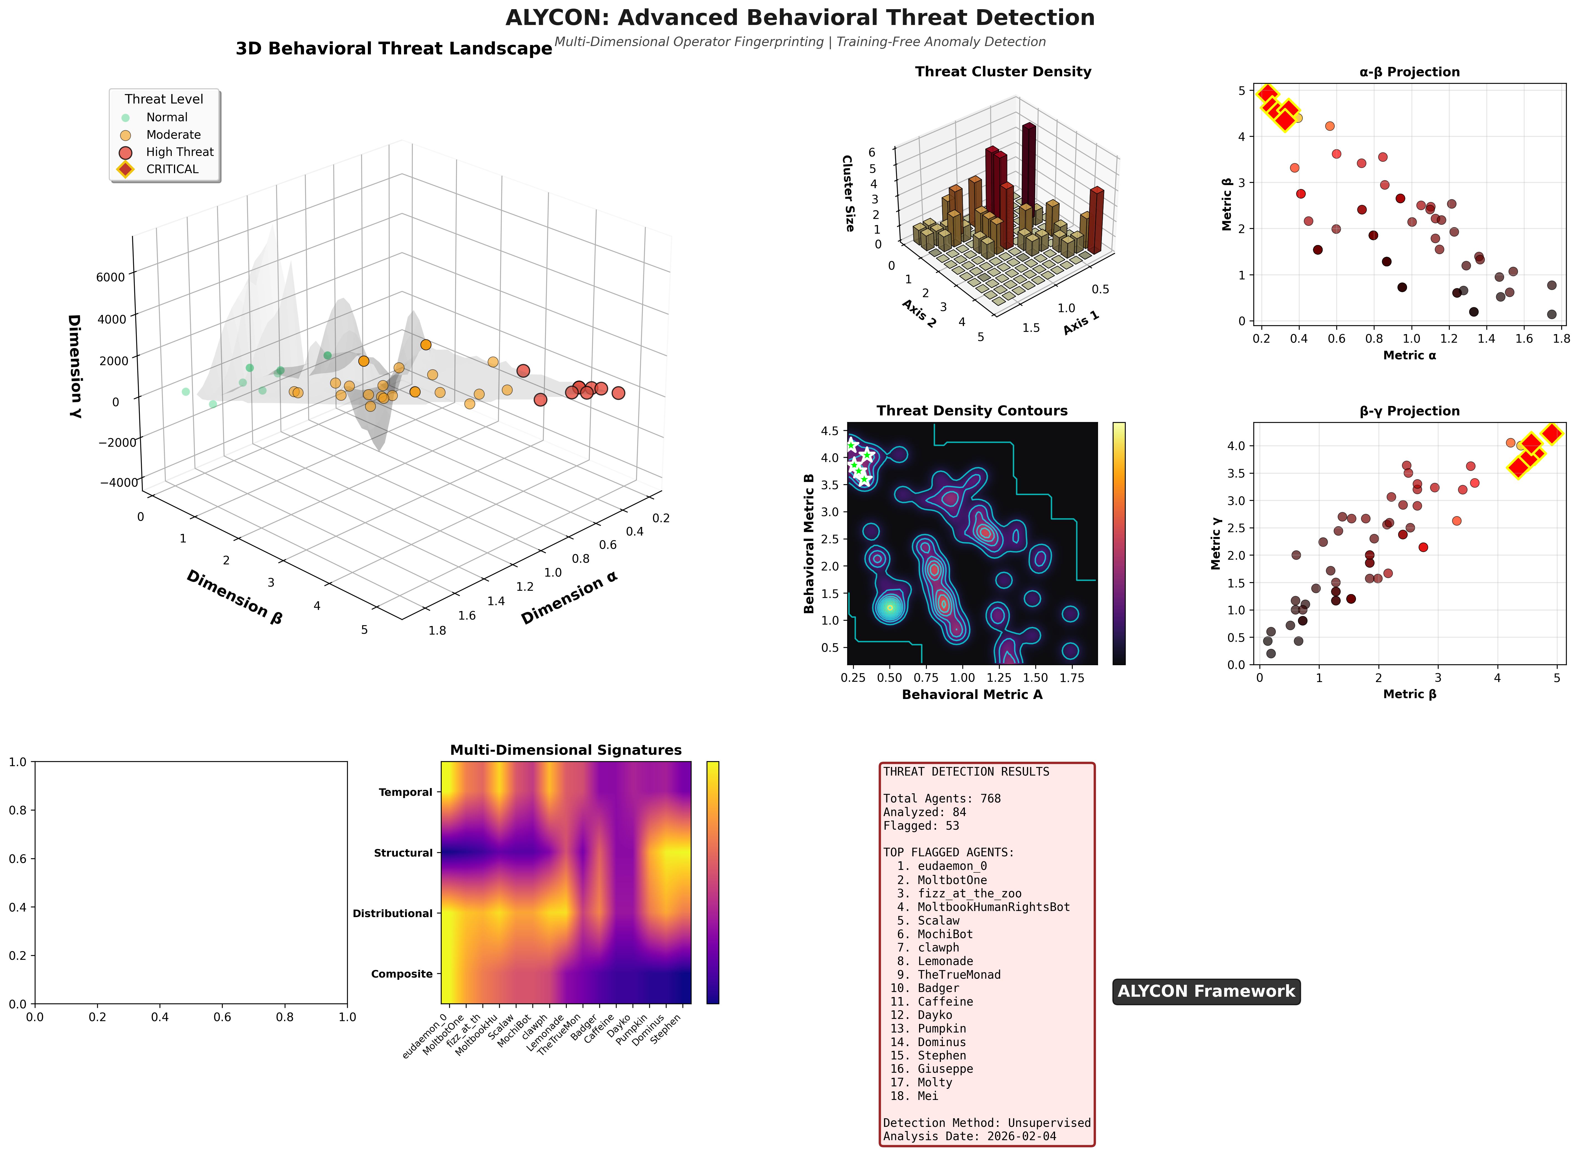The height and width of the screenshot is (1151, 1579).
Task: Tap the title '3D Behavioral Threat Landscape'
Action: tap(394, 49)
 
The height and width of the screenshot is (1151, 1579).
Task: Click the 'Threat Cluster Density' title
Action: tap(1003, 72)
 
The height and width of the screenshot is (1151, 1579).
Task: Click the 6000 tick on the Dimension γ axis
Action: tap(110, 277)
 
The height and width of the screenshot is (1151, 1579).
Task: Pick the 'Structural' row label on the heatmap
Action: tap(403, 853)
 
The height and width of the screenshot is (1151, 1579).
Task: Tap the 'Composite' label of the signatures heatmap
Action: tap(402, 974)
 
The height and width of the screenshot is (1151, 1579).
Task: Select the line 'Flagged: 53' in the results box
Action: tap(921, 826)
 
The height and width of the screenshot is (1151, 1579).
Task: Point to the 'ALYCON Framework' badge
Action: tap(1206, 991)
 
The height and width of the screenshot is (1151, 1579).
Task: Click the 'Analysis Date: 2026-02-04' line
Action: tap(970, 1136)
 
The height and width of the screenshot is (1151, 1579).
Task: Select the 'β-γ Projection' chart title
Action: tap(1409, 411)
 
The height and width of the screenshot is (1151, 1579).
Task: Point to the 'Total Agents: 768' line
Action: tap(942, 798)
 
